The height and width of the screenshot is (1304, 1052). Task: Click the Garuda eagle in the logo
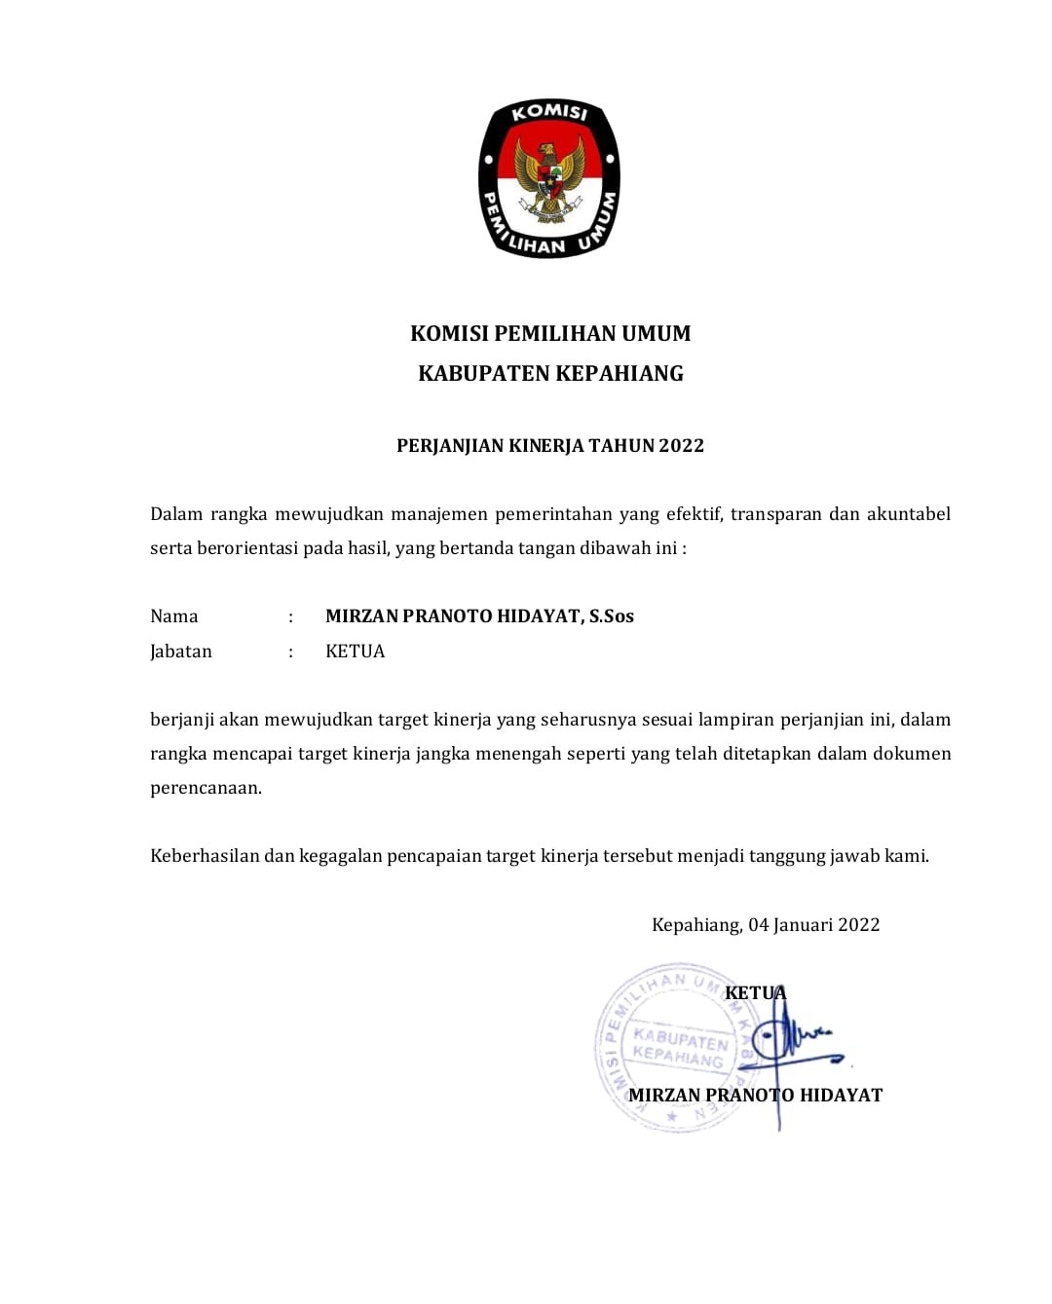point(550,176)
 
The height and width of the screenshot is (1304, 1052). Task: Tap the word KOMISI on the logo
point(550,113)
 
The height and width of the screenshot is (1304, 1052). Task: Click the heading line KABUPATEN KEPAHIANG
point(550,374)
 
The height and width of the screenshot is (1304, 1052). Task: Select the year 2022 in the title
point(681,446)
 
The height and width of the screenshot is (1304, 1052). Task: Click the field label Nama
point(174,616)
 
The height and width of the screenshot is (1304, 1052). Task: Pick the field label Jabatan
point(181,652)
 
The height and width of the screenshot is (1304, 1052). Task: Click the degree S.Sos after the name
point(612,616)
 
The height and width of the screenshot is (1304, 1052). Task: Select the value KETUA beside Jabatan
point(355,652)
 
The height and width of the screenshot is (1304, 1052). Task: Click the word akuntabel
point(908,514)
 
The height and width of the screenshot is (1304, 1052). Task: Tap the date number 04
point(759,925)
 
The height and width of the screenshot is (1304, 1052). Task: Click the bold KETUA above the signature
point(755,993)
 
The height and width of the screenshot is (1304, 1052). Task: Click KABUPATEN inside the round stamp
point(680,1038)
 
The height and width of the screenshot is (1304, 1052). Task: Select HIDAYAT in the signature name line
point(841,1096)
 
